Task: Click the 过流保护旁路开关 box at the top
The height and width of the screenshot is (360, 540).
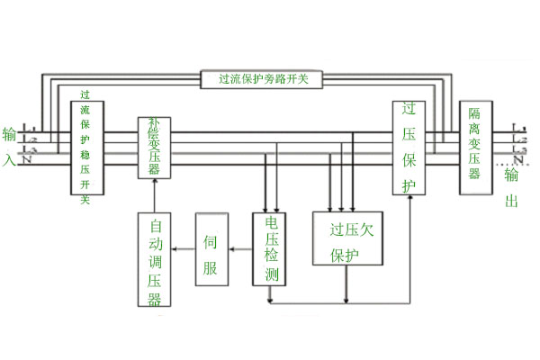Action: pyautogui.click(x=264, y=78)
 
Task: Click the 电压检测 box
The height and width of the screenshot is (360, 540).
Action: pyautogui.click(x=269, y=249)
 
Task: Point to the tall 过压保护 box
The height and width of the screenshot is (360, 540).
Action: pyautogui.click(x=410, y=147)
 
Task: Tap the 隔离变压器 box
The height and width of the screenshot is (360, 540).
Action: pyautogui.click(x=474, y=147)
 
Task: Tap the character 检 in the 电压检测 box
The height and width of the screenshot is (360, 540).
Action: pyautogui.click(x=269, y=257)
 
